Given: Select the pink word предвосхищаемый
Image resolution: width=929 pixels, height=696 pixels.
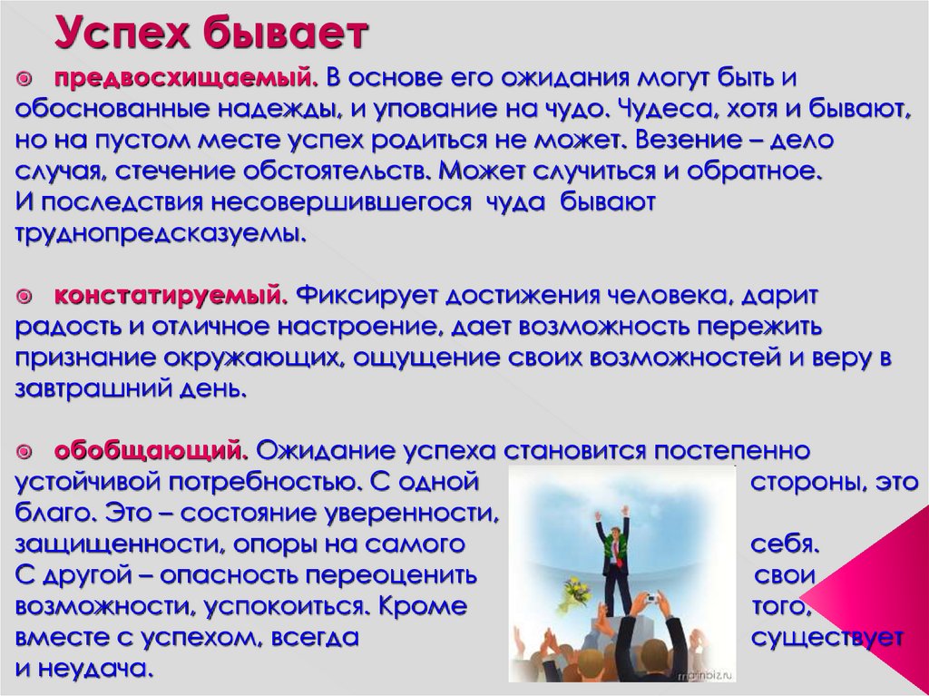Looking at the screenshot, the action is pyautogui.click(x=186, y=78).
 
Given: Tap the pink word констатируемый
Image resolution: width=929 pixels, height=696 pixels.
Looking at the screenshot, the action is pyautogui.click(x=171, y=295).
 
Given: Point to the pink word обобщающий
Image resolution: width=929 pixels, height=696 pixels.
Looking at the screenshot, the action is pyautogui.click(x=152, y=451).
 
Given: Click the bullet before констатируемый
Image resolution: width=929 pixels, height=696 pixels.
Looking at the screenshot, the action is pyautogui.click(x=24, y=295).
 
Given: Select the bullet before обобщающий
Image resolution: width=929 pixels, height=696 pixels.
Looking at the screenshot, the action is pyautogui.click(x=24, y=452).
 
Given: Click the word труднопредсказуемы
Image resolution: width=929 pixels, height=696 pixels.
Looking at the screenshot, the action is pyautogui.click(x=160, y=233).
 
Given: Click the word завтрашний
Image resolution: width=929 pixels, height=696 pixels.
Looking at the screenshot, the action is pyautogui.click(x=89, y=389).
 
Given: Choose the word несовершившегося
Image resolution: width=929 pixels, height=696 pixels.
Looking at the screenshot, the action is pyautogui.click(x=341, y=202).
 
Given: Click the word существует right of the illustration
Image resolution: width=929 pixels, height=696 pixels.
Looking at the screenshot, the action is pyautogui.click(x=827, y=638).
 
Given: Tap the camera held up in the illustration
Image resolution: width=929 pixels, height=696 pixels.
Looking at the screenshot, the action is pyautogui.click(x=650, y=599).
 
